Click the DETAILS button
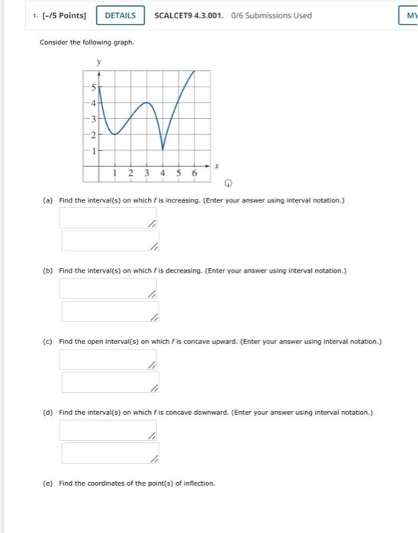[x=121, y=15]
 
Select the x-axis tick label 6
[x=194, y=173]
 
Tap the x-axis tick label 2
[x=130, y=173]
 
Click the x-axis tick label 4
[x=162, y=173]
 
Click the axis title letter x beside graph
[x=216, y=165]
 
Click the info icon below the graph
[x=227, y=183]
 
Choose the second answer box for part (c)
[x=111, y=382]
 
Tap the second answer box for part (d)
[x=111, y=453]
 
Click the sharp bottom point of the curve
[x=162, y=150]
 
